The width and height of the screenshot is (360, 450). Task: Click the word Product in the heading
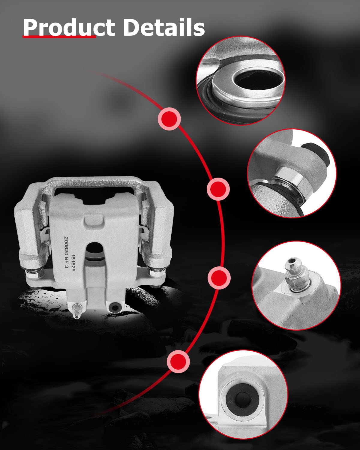(69, 27)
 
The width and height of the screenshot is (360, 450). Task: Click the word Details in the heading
(164, 27)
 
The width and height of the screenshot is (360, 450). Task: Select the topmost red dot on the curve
(169, 119)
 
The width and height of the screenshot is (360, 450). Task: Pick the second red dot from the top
(218, 189)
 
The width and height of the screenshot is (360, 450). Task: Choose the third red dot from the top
(219, 278)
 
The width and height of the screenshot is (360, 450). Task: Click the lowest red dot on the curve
(178, 361)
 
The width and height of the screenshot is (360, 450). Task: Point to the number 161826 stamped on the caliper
(73, 263)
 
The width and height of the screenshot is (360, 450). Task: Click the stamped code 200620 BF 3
(66, 252)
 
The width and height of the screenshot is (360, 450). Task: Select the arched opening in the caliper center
(95, 252)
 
